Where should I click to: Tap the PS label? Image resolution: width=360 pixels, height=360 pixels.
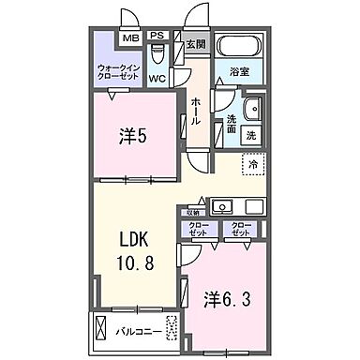(x=157, y=38)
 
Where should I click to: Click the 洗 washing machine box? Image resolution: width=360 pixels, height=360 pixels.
(x=251, y=135)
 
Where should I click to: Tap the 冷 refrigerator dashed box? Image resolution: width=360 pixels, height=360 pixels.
(x=253, y=164)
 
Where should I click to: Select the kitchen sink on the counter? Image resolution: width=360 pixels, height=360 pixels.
(x=223, y=205)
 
